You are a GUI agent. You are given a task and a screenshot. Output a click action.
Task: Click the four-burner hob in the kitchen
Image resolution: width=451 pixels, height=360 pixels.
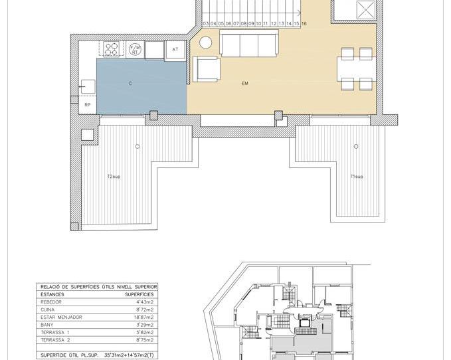click(x=112, y=49)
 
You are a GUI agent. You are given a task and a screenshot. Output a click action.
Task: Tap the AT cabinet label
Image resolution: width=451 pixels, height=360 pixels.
click(x=175, y=50)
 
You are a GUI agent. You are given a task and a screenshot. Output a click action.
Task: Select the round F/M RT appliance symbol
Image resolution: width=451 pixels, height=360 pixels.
click(x=135, y=49)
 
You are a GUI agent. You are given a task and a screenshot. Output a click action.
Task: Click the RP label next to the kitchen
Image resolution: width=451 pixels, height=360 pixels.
click(x=87, y=105)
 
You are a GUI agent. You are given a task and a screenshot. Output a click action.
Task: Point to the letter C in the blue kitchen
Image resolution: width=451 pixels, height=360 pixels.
click(x=130, y=84)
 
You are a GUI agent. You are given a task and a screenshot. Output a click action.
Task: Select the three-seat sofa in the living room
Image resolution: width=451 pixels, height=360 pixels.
click(x=249, y=45)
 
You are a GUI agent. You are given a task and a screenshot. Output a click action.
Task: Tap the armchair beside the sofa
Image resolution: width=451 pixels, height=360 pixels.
click(x=206, y=68)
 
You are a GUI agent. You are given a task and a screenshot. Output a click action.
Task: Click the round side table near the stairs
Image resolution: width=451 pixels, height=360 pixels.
click(x=206, y=42)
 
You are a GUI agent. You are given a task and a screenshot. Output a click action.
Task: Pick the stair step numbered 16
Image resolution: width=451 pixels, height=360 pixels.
click(x=304, y=23)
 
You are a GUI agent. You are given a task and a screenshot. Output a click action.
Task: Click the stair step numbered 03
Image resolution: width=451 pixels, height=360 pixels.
click(x=206, y=23)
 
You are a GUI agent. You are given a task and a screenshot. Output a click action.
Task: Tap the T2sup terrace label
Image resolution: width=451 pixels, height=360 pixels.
click(x=114, y=176)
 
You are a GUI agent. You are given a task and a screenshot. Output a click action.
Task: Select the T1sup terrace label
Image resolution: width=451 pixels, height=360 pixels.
click(x=357, y=176)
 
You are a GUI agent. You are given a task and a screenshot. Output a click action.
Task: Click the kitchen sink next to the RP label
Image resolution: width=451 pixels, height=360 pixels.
click(x=88, y=86)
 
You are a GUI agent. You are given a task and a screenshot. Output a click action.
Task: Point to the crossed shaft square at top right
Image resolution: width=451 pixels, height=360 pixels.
click(x=365, y=9)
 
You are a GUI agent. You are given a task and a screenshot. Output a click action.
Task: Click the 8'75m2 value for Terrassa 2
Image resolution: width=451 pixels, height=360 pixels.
click(x=143, y=340)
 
